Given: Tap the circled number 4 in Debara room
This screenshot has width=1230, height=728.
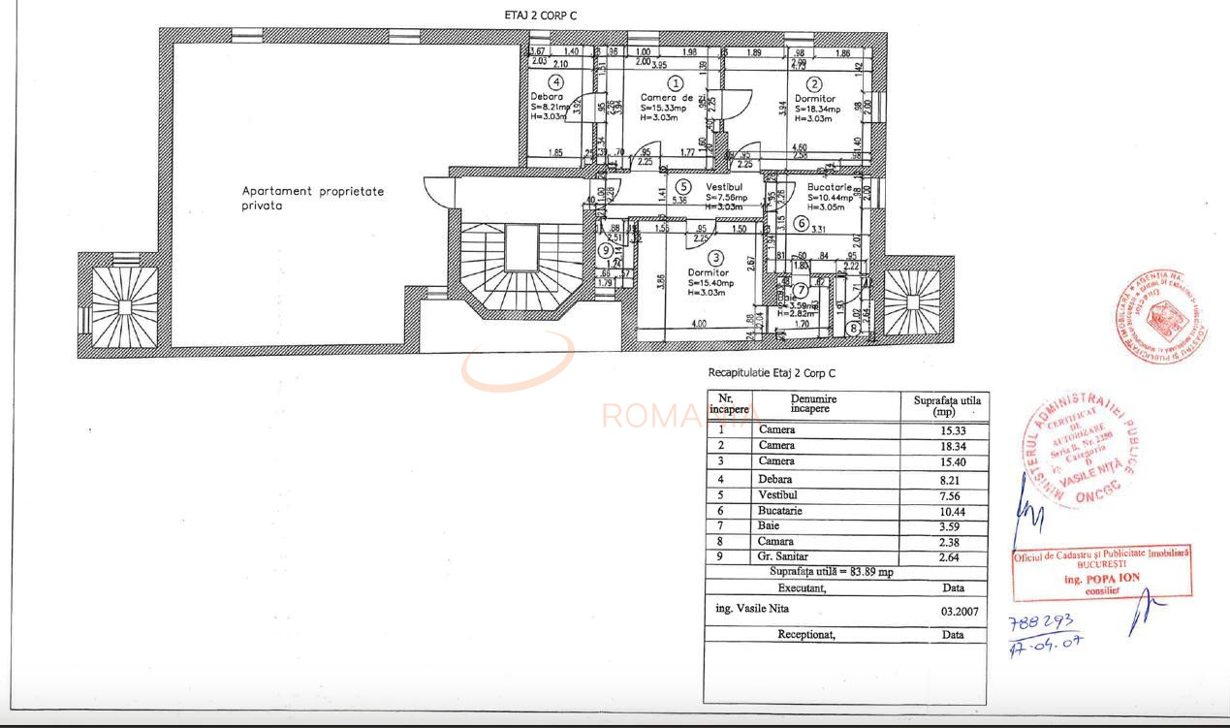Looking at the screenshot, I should coord(555,82).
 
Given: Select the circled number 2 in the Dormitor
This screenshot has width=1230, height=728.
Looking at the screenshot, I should coord(815,84).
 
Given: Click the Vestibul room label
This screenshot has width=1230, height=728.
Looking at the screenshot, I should coord(723,186).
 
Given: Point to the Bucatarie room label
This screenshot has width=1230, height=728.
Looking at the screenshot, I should coord(830,187).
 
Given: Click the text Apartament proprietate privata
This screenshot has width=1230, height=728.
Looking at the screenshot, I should coord(312,198).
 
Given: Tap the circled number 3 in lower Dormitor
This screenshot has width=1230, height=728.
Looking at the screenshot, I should coord(715,258).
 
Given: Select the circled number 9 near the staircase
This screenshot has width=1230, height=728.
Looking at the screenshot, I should coord(605,250).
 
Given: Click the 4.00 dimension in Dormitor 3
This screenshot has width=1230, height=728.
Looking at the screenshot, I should coord(698,325).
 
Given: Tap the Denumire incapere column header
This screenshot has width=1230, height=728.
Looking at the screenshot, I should coord(812,403).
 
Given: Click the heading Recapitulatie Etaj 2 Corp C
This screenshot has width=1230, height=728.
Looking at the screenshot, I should coord(772,373).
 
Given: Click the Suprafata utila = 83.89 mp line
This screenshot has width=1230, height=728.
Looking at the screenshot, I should coord(831,572).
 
